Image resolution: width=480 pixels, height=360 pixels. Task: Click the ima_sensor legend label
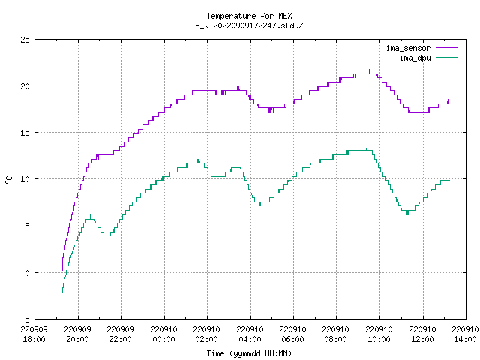408,48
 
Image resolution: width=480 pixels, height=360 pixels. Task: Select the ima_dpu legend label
415,58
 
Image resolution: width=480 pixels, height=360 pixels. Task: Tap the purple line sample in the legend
446,48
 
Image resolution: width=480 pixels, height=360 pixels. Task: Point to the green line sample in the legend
446,57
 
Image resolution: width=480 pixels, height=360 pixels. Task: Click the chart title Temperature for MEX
249,16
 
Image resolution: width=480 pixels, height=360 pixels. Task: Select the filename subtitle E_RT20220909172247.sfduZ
249,25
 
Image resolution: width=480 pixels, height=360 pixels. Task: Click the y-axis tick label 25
25,40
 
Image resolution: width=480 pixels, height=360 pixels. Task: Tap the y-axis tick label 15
25,133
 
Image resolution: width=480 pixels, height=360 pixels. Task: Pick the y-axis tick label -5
25,319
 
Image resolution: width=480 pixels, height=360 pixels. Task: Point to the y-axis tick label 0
28,273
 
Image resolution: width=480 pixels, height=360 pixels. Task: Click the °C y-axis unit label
9,180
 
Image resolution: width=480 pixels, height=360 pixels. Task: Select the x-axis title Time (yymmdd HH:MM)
249,353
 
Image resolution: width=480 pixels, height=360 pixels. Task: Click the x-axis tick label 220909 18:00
34,334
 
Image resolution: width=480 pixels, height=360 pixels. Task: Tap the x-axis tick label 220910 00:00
163,334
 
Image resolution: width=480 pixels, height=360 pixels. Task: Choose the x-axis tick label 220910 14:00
465,334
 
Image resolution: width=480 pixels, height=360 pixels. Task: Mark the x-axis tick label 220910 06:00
293,334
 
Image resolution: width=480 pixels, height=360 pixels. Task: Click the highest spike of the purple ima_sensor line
369,70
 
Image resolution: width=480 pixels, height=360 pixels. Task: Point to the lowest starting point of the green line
62,292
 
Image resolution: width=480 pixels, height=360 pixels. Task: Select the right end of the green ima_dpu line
450,180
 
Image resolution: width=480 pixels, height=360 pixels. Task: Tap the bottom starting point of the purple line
62,270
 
